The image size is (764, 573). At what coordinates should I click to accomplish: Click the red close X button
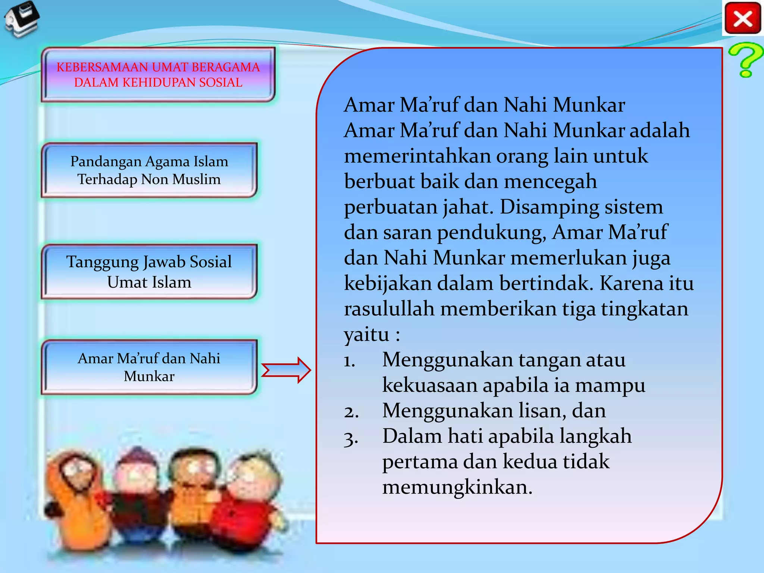tap(742, 18)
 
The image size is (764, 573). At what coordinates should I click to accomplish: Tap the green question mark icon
tap(745, 60)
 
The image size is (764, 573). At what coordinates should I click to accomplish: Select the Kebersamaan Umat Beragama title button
tap(158, 75)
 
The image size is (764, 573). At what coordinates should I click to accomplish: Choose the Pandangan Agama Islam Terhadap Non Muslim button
tap(149, 170)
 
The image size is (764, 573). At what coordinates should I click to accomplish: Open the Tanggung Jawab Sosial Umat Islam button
tap(149, 272)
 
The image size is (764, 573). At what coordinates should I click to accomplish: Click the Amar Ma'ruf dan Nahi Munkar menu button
tap(149, 367)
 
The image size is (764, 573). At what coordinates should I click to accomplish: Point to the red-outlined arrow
tap(286, 370)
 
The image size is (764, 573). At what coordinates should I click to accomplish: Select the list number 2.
tap(351, 412)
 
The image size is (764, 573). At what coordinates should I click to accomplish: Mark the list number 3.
tap(351, 438)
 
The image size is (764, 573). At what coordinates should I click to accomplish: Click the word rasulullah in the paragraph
tap(389, 309)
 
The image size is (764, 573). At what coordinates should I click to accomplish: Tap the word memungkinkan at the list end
tap(457, 487)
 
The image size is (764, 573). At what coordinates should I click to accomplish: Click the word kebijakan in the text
tap(388, 284)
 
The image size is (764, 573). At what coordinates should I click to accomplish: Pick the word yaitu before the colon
tap(366, 334)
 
